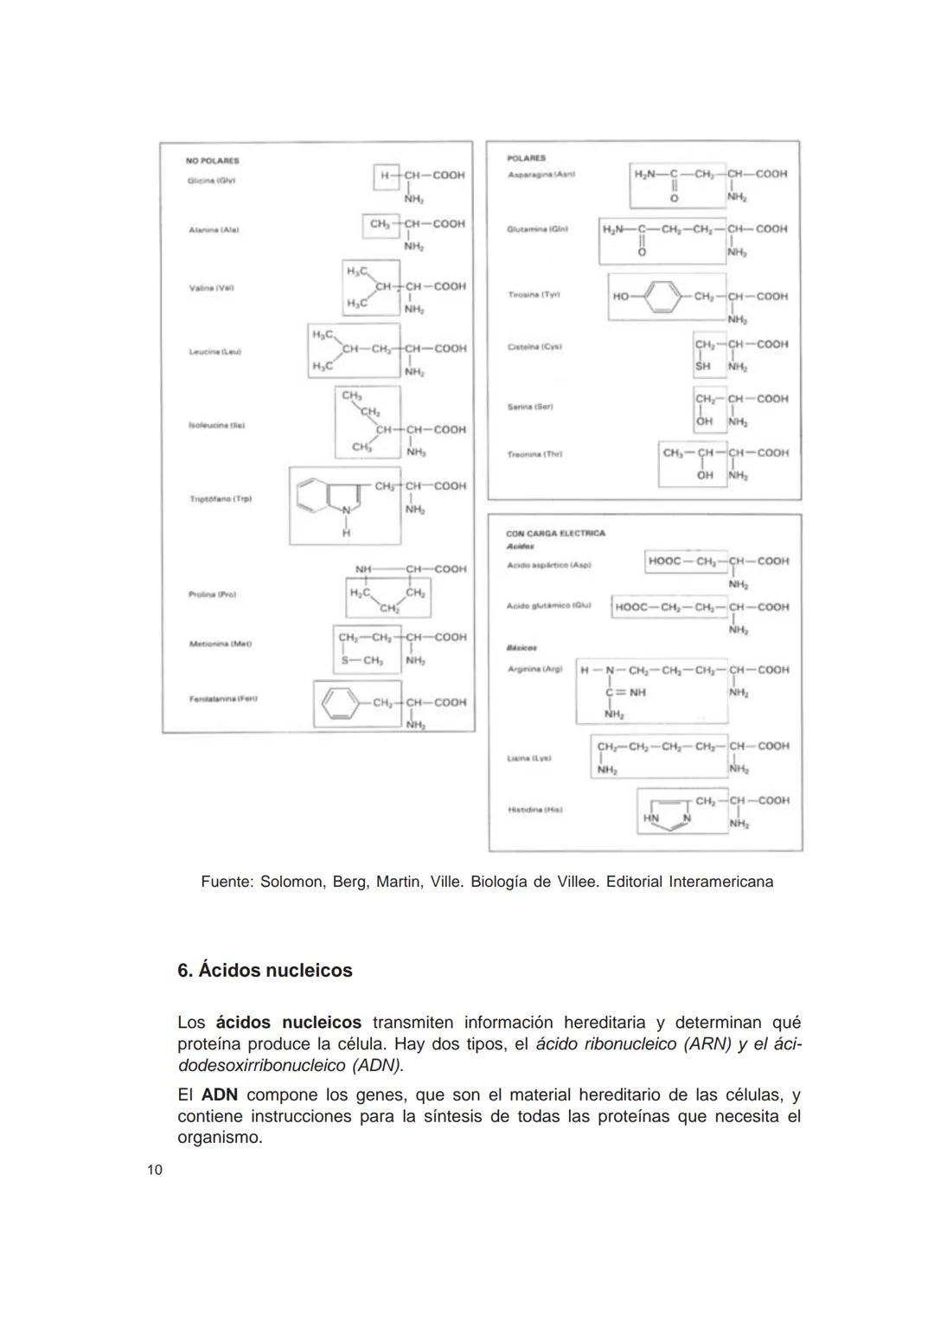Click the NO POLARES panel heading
click(212, 161)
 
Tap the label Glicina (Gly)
click(212, 181)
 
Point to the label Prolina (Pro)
click(212, 595)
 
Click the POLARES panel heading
click(527, 158)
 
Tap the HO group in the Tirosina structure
click(621, 297)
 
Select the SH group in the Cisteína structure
click(702, 367)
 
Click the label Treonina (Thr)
click(535, 454)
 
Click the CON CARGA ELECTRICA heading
click(555, 534)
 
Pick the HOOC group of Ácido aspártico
click(664, 562)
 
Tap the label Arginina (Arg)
click(535, 670)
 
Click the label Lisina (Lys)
click(529, 759)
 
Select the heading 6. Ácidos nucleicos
click(265, 971)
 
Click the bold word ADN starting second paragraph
click(220, 1095)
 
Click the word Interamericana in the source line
click(721, 882)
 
